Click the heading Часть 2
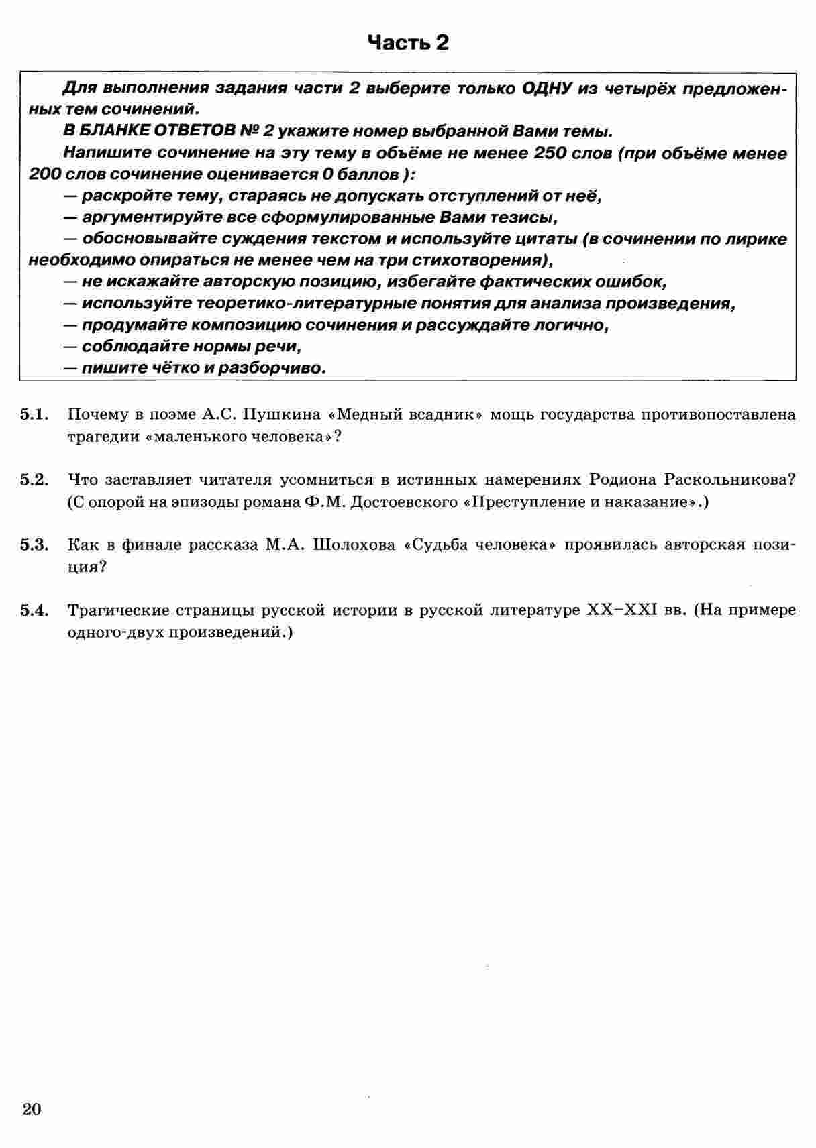(x=408, y=43)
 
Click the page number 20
(x=32, y=1110)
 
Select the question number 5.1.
(x=36, y=414)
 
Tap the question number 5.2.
(x=36, y=479)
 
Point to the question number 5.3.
(x=36, y=544)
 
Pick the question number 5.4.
(x=36, y=610)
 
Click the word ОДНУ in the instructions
(x=547, y=89)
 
